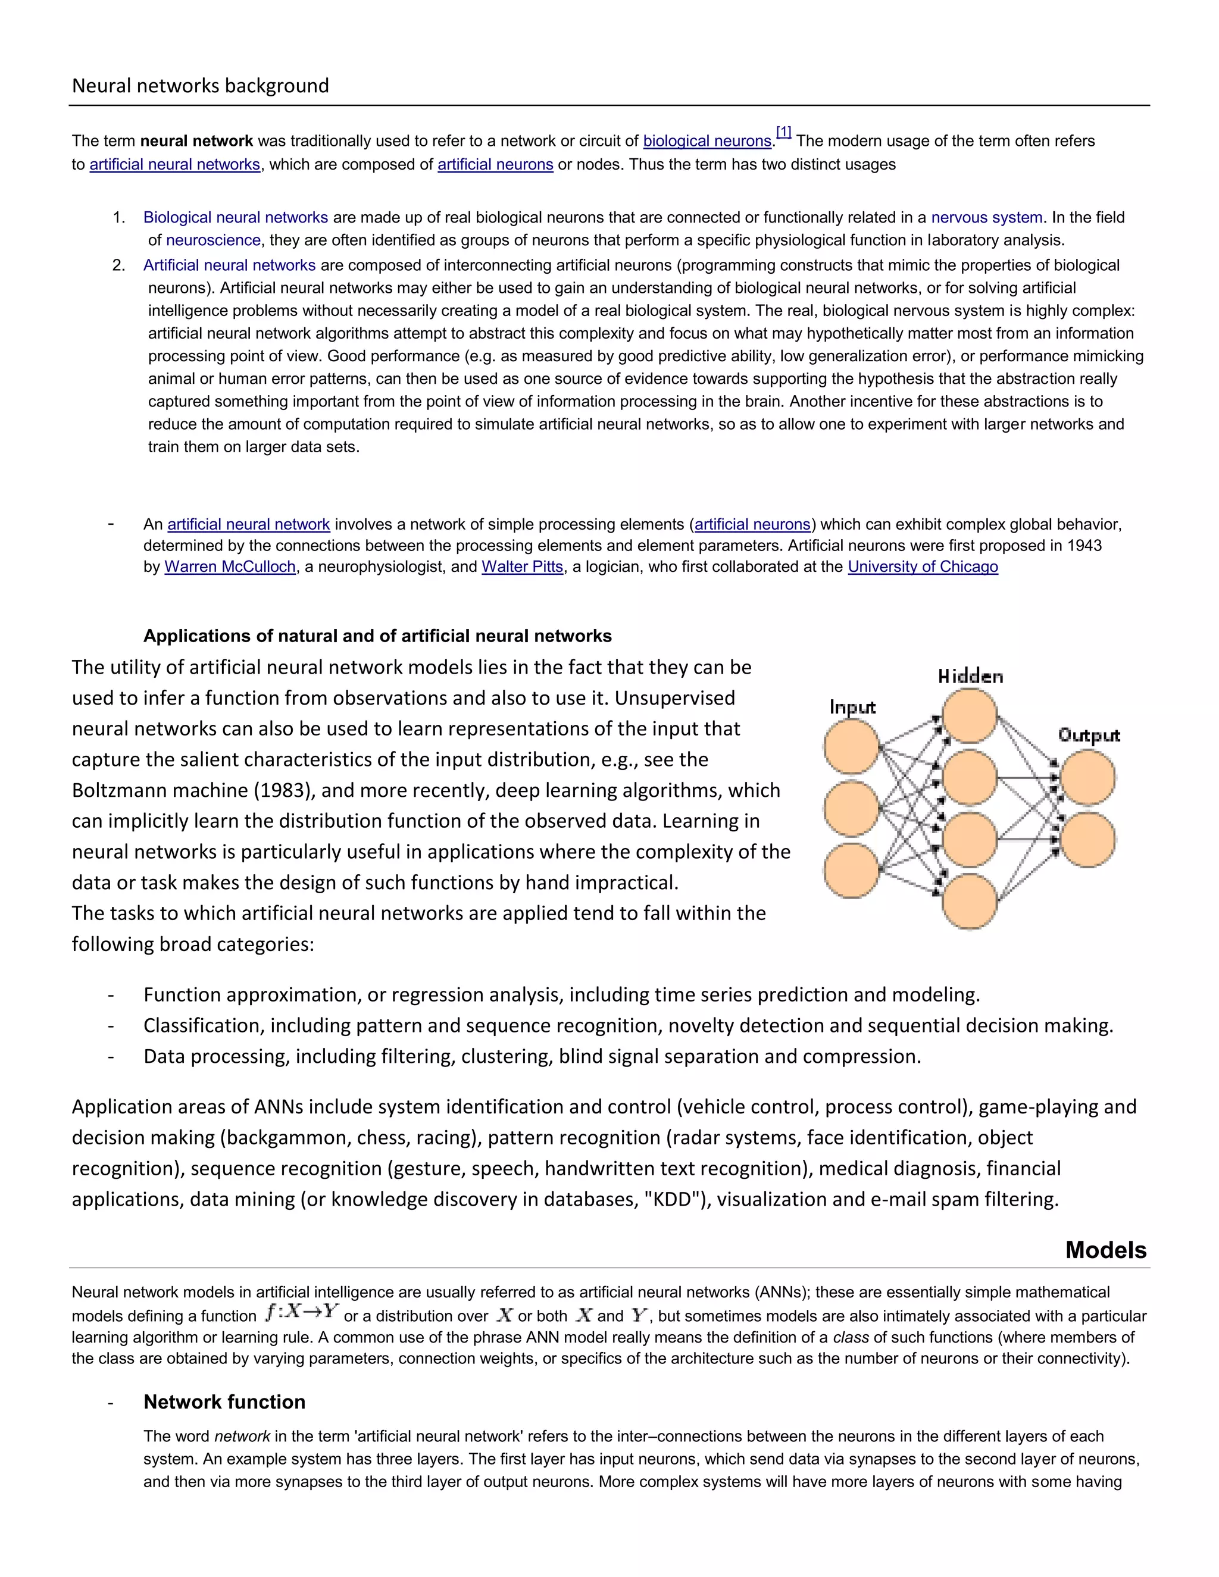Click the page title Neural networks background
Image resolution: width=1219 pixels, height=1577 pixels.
click(x=200, y=86)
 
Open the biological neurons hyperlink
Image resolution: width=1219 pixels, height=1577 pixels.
click(x=707, y=142)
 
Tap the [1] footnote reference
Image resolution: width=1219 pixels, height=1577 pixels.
click(x=783, y=132)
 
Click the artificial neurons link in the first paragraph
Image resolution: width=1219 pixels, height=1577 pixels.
click(x=495, y=165)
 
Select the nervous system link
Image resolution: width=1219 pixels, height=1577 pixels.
click(x=986, y=217)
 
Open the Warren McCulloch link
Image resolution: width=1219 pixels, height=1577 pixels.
click(x=230, y=567)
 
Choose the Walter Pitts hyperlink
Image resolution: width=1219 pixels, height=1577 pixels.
click(x=522, y=567)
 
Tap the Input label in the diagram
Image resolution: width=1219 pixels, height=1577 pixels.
click(x=852, y=707)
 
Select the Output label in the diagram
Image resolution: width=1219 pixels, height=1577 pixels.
click(x=1088, y=735)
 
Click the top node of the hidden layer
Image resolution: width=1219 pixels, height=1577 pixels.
click(x=969, y=715)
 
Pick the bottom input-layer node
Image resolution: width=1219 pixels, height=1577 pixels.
click(x=851, y=870)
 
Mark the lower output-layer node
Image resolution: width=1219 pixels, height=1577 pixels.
click(x=1087, y=840)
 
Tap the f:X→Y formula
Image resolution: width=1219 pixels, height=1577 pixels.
click(x=301, y=1312)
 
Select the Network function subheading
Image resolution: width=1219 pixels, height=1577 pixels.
click(x=224, y=1402)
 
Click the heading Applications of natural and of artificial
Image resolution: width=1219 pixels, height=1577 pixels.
click(x=377, y=636)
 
